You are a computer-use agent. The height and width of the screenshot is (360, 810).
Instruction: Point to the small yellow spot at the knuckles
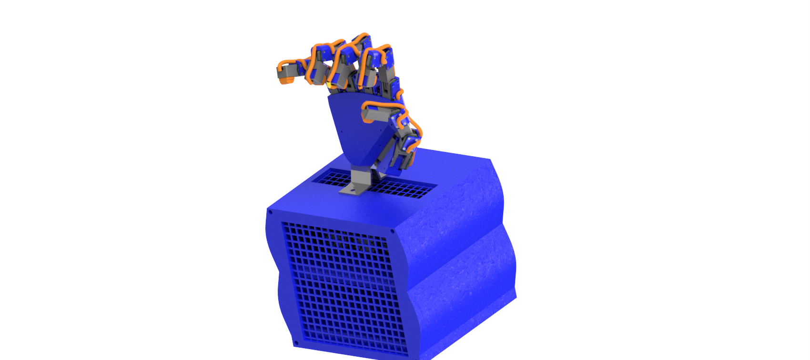pyautogui.click(x=328, y=85)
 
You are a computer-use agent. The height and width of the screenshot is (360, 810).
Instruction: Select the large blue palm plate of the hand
pyautogui.click(x=353, y=129)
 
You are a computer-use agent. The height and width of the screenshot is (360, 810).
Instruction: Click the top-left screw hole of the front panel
pyautogui.click(x=271, y=212)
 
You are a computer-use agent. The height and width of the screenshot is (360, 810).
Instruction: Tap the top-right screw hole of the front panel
pyautogui.click(x=393, y=232)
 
